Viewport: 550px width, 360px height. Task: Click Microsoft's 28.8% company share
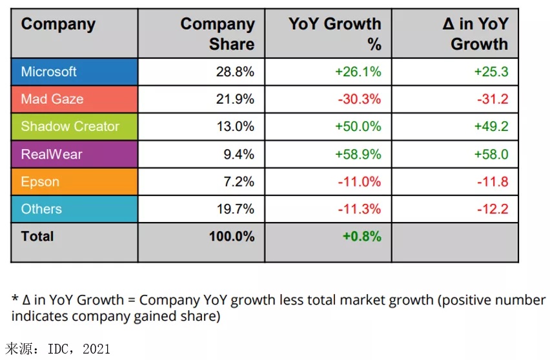pyautogui.click(x=235, y=72)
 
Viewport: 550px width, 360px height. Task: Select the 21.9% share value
pyautogui.click(x=235, y=99)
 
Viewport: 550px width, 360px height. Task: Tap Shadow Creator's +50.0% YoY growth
pyautogui.click(x=358, y=126)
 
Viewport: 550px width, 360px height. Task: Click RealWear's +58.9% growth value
pyautogui.click(x=358, y=154)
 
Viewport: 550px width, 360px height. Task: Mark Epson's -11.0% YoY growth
pyautogui.click(x=360, y=182)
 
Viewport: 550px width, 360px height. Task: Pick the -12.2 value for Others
pyautogui.click(x=492, y=209)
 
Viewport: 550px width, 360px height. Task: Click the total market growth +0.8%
pyautogui.click(x=362, y=236)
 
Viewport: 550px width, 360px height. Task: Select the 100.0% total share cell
pyautogui.click(x=231, y=236)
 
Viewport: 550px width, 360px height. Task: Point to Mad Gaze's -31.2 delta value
pyautogui.click(x=492, y=99)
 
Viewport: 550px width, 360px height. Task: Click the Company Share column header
pyautogui.click(x=218, y=34)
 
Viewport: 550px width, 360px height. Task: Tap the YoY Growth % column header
pyautogui.click(x=334, y=34)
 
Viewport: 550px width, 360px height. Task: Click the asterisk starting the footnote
pyautogui.click(x=15, y=300)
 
